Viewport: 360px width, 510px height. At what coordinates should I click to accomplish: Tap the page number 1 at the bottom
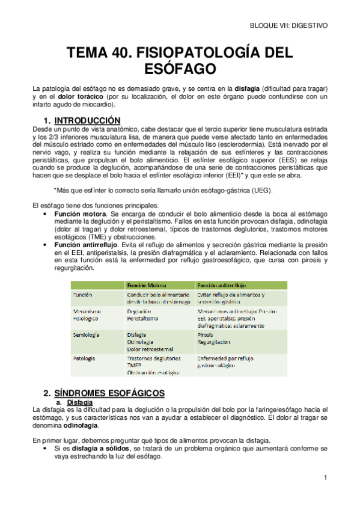point(325,478)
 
